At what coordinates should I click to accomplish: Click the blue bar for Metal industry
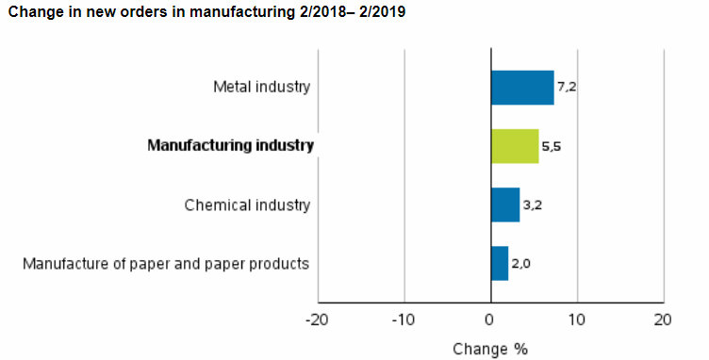pyautogui.click(x=521, y=88)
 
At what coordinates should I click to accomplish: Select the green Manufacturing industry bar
pyautogui.click(x=514, y=146)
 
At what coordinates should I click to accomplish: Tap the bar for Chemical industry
pyautogui.click(x=504, y=205)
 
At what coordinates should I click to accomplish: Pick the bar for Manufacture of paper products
pyautogui.click(x=499, y=263)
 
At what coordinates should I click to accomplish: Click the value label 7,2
pyautogui.click(x=568, y=88)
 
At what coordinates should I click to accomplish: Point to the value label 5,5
pyautogui.click(x=552, y=147)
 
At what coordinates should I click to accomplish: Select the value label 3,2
pyautogui.click(x=532, y=205)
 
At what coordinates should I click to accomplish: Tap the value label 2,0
pyautogui.click(x=521, y=264)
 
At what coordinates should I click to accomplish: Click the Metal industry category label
pyautogui.click(x=261, y=88)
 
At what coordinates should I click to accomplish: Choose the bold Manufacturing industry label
pyautogui.click(x=230, y=146)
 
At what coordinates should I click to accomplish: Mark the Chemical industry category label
pyautogui.click(x=247, y=205)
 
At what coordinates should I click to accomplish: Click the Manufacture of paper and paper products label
pyautogui.click(x=166, y=263)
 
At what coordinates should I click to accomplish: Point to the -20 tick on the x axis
pyautogui.click(x=317, y=319)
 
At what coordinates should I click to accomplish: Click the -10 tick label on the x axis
pyautogui.click(x=404, y=319)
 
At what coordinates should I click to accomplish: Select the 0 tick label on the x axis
pyautogui.click(x=490, y=319)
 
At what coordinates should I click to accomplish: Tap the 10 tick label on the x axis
pyautogui.click(x=576, y=319)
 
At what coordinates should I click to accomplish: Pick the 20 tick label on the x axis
pyautogui.click(x=663, y=319)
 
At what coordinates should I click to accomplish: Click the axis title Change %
pyautogui.click(x=490, y=349)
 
